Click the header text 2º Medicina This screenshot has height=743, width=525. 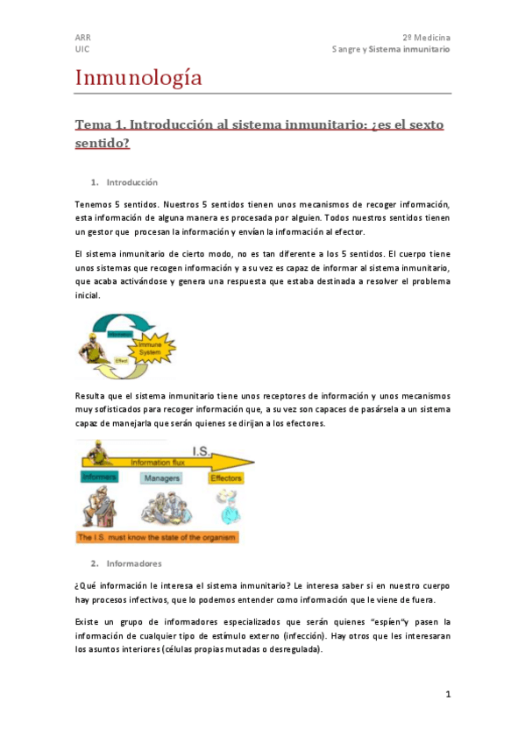pyautogui.click(x=427, y=39)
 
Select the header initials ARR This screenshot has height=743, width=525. pyautogui.click(x=82, y=39)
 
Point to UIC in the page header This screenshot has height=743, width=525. pyautogui.click(x=82, y=50)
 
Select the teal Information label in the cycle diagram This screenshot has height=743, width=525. pyautogui.click(x=120, y=334)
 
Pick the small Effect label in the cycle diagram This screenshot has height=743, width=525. pyautogui.click(x=122, y=359)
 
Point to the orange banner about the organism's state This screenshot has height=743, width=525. pyautogui.click(x=157, y=536)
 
